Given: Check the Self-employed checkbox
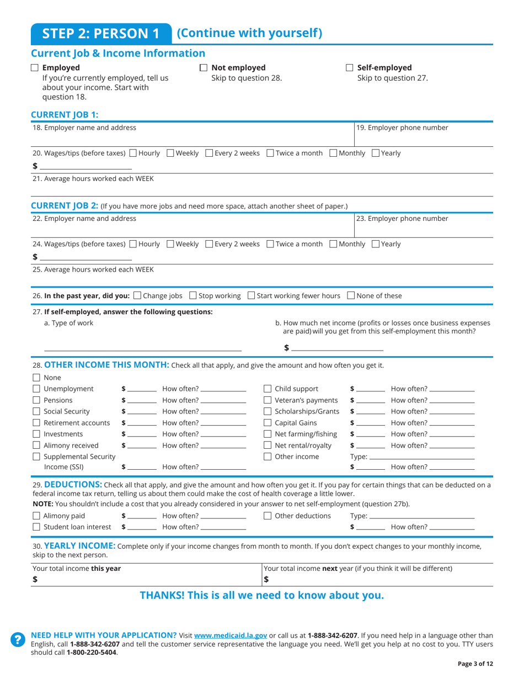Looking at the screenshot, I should tap(349, 68).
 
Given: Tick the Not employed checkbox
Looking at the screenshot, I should tap(203, 68).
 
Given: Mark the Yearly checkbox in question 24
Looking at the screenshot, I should tap(376, 243).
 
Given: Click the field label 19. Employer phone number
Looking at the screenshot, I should tap(402, 128).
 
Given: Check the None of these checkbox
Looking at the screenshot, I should tap(350, 295).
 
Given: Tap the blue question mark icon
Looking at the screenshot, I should tap(18, 639).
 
